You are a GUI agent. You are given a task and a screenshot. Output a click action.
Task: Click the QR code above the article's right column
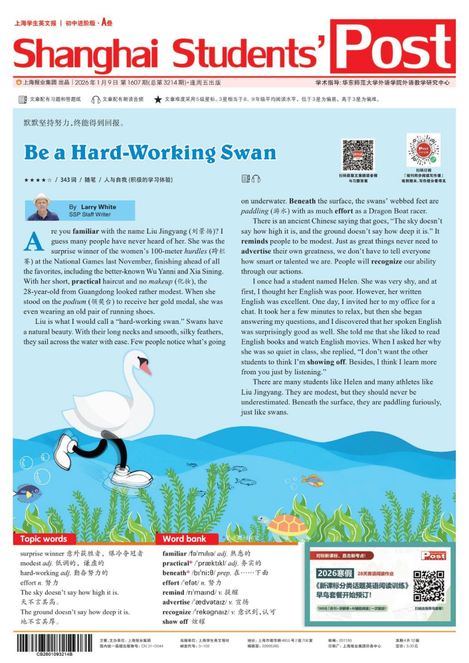(x=358, y=155)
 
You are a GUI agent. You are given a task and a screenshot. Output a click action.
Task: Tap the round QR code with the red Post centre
(x=423, y=150)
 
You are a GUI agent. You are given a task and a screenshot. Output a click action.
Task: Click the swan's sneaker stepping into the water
(x=132, y=474)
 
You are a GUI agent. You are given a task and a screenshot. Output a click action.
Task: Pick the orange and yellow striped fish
(x=312, y=479)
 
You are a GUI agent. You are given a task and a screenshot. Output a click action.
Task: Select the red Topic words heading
(x=44, y=539)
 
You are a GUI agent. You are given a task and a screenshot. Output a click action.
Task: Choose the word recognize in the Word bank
(x=177, y=612)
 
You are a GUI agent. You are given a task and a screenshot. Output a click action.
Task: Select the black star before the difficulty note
(x=157, y=100)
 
